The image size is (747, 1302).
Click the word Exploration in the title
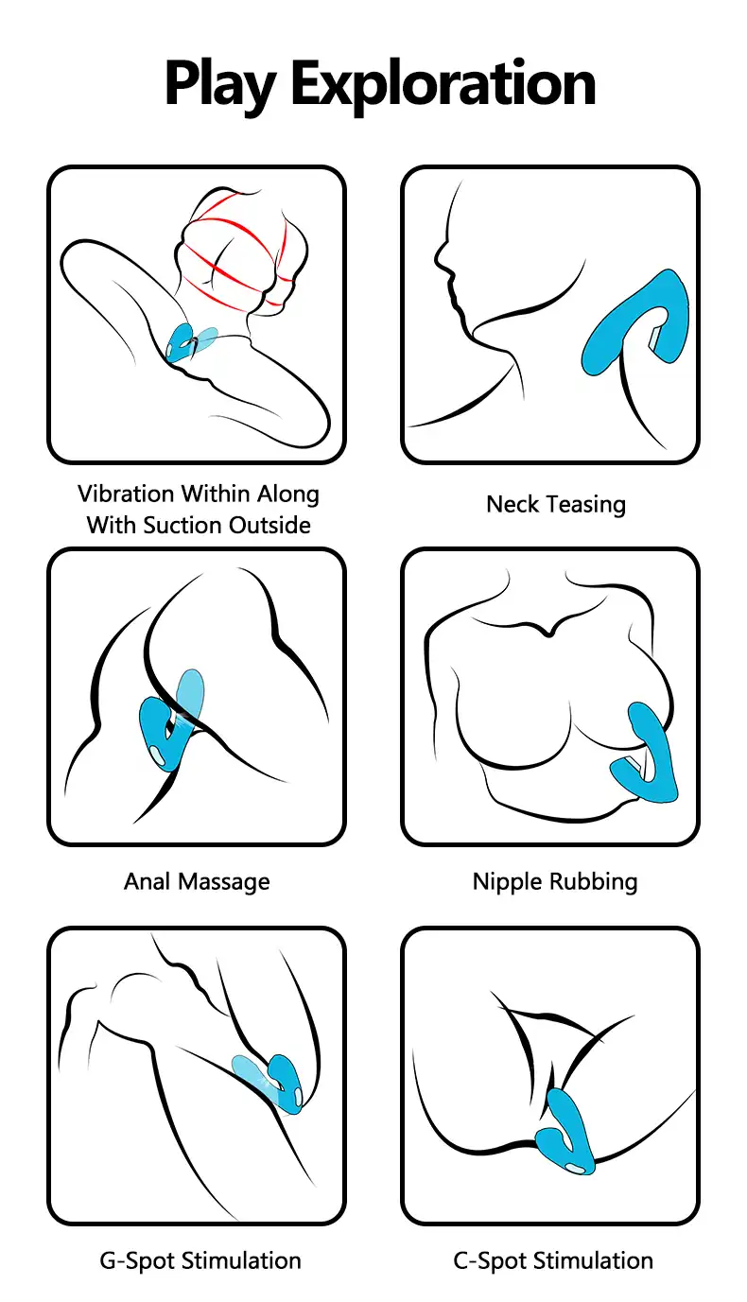point(443,85)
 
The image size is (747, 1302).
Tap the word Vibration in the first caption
point(126,495)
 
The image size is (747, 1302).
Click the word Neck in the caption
point(512,505)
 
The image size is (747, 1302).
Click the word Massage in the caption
point(224,882)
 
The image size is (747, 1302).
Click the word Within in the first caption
point(216,495)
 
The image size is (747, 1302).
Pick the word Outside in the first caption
point(269,526)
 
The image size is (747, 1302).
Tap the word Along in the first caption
point(288,495)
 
